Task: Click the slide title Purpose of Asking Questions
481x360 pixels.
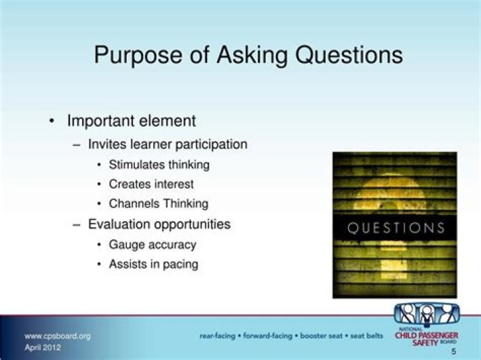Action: point(248,55)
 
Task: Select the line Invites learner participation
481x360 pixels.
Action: point(168,144)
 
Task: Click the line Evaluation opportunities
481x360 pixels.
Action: point(159,224)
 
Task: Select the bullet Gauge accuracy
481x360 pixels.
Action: point(152,244)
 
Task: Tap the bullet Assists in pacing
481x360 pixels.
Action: point(153,264)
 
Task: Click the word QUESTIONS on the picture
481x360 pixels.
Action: point(396,228)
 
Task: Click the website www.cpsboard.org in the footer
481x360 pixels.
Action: point(57,336)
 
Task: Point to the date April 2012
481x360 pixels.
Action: point(43,347)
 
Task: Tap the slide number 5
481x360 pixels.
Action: point(454,351)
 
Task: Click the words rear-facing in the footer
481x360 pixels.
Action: point(217,336)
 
